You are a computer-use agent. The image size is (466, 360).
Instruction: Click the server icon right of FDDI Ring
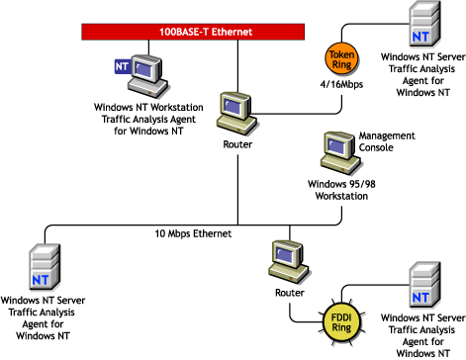[x=420, y=285]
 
